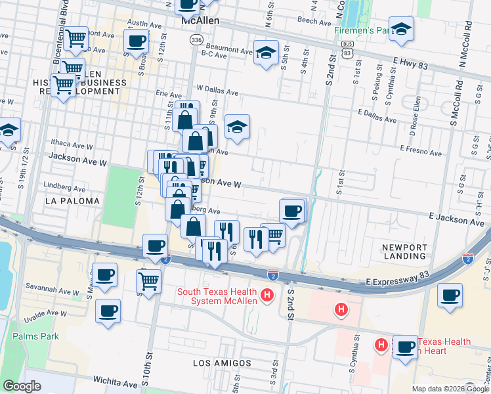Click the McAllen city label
200,22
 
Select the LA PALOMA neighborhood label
73,200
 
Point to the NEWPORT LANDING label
405,252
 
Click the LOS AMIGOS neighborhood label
222,362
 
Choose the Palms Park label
35,336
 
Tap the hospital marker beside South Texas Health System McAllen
267,296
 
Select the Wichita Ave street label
116,382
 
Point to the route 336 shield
196,40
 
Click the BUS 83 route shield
347,50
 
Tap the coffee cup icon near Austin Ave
137,41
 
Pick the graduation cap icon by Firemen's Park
400,29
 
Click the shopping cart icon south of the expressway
149,281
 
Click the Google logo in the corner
22,386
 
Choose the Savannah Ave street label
47,287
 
